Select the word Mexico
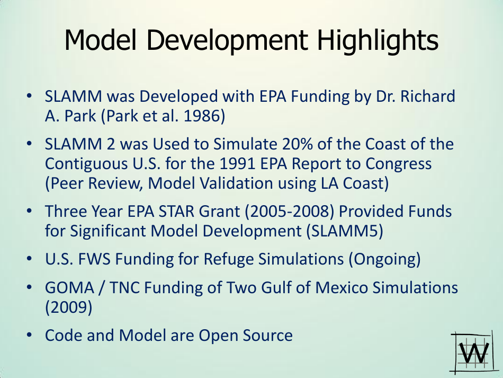coord(342,287)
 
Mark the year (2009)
coord(68,307)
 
